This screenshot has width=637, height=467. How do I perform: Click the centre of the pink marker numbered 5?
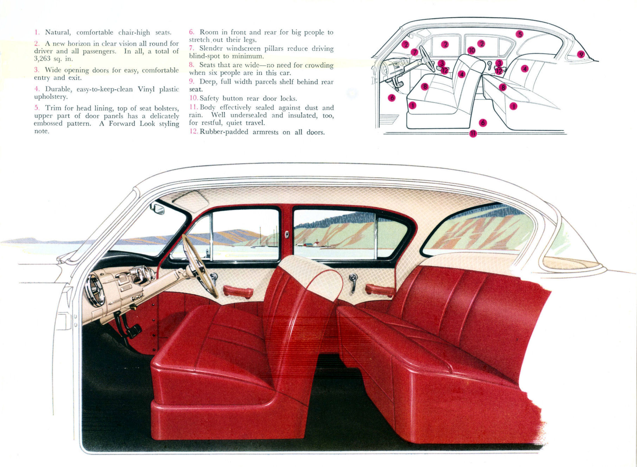tap(519, 34)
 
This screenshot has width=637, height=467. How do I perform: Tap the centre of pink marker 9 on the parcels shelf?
tap(581, 54)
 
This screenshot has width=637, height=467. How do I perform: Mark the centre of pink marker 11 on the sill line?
tap(473, 133)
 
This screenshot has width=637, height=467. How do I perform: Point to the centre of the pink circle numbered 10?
tap(472, 50)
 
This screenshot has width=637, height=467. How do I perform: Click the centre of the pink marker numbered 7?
tap(414, 52)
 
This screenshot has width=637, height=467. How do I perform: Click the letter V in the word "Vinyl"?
tap(141, 89)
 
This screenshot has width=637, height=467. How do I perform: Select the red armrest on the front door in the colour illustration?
tap(238, 291)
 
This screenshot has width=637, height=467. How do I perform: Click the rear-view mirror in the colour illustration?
tap(157, 209)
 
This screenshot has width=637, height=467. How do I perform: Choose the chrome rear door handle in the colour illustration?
tap(353, 282)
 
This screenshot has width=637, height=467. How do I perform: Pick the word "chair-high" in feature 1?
tap(134, 33)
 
